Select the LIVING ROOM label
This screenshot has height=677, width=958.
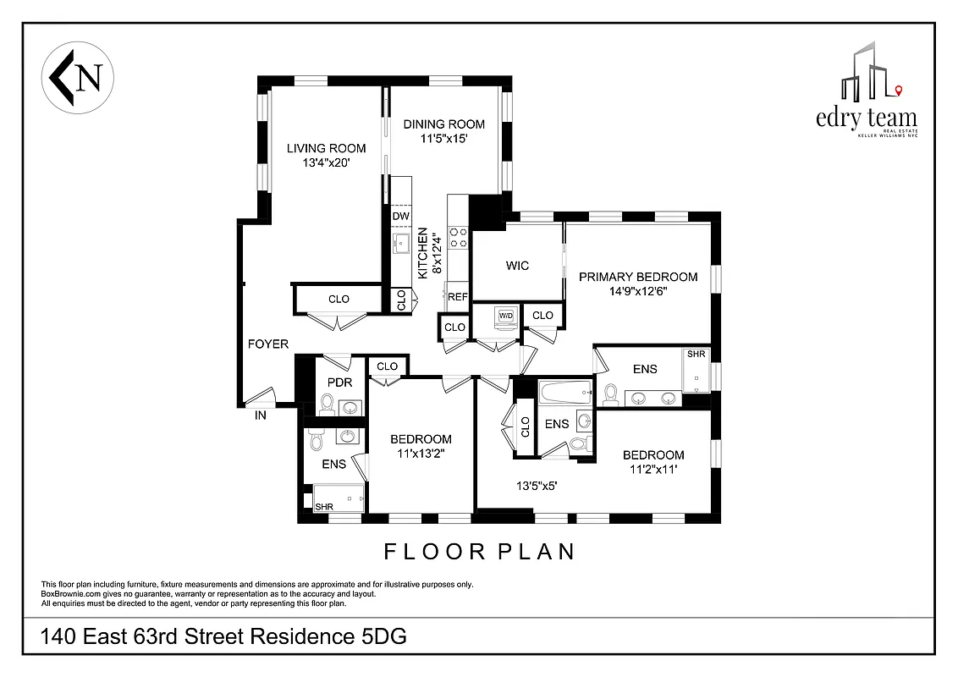click(x=326, y=148)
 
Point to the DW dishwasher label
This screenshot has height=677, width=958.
click(x=401, y=217)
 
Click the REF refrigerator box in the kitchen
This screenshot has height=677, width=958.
click(x=458, y=297)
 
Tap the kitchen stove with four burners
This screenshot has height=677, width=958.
click(x=458, y=237)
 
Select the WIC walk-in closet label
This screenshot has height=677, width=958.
click(x=517, y=266)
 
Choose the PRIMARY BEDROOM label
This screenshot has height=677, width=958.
click(x=638, y=277)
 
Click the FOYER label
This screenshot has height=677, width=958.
click(x=268, y=344)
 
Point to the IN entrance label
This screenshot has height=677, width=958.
click(x=262, y=416)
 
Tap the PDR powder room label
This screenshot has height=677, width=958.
click(x=339, y=382)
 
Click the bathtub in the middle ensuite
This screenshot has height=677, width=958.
click(x=565, y=391)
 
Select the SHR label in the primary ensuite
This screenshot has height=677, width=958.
click(x=696, y=354)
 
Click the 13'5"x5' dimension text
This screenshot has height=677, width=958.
click(x=537, y=486)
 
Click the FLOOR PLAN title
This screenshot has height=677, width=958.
click(x=479, y=552)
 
